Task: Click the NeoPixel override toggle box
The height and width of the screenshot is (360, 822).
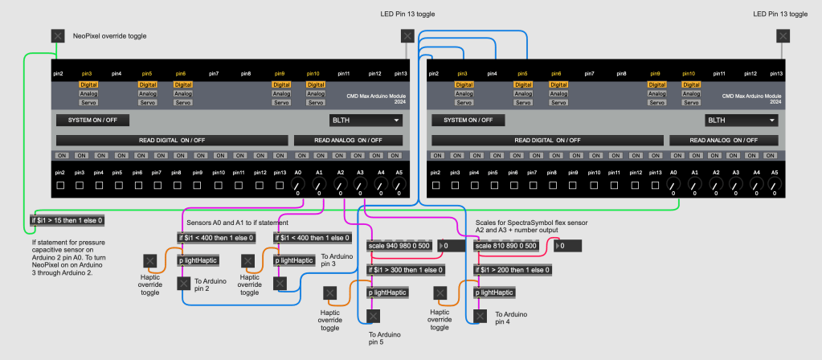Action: pyautogui.click(x=58, y=35)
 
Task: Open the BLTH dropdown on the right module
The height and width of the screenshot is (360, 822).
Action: pyautogui.click(x=741, y=121)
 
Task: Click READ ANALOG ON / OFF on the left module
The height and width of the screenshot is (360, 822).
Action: pyautogui.click(x=348, y=140)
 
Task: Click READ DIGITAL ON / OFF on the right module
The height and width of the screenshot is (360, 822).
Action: pyautogui.click(x=546, y=140)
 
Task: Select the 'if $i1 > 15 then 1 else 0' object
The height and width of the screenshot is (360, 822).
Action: pyautogui.click(x=67, y=219)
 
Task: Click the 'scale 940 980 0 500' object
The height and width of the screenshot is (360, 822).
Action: pyautogui.click(x=400, y=245)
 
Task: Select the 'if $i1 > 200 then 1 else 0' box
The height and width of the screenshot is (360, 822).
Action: pyautogui.click(x=512, y=269)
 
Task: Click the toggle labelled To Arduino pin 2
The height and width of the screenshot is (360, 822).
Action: pyautogui.click(x=184, y=283)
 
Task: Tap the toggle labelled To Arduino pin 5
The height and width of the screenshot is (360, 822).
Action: pyautogui.click(x=372, y=316)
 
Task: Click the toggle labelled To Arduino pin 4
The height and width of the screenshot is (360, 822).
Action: pyautogui.click(x=481, y=316)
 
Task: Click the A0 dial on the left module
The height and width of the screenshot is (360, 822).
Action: pyautogui.click(x=297, y=186)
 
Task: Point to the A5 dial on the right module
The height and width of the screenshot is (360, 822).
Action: pyautogui.click(x=774, y=186)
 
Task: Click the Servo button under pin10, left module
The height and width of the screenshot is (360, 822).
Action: pyautogui.click(x=313, y=102)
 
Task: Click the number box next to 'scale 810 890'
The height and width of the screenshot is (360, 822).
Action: pyautogui.click(x=569, y=245)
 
